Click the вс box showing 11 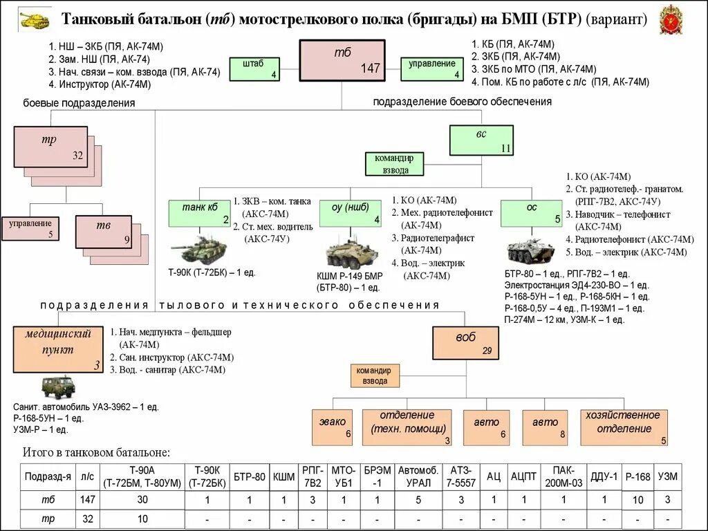click(x=481, y=140)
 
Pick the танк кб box click(x=200, y=213)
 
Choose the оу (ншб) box click(x=351, y=213)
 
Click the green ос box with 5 click(x=532, y=213)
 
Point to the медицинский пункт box click(x=58, y=350)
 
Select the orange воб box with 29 click(x=466, y=343)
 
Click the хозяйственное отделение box click(x=624, y=427)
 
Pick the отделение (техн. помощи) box click(x=407, y=427)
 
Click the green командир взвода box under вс click(x=393, y=164)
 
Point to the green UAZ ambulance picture click(x=57, y=388)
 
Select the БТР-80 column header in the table click(x=249, y=476)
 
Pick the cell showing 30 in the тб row click(x=142, y=500)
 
